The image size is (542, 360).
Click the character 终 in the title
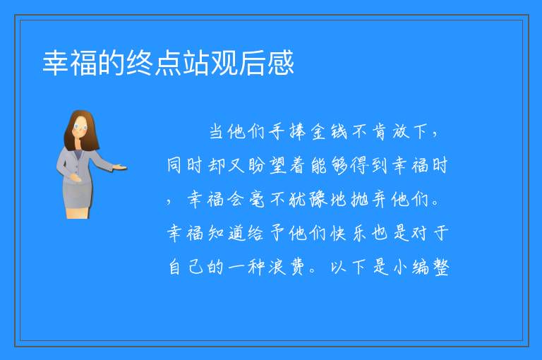pyautogui.click(x=140, y=63)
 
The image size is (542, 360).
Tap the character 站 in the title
pyautogui.click(x=196, y=63)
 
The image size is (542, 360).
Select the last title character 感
pyautogui.click(x=280, y=63)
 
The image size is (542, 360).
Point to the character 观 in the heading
pyautogui.click(x=224, y=63)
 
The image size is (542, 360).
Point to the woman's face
pyautogui.click(x=80, y=127)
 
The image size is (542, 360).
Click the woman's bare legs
pyautogui.click(x=78, y=212)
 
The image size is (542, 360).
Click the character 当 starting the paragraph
pyautogui.click(x=217, y=131)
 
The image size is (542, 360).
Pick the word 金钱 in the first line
pyautogui.click(x=328, y=131)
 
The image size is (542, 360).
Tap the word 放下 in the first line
pyautogui.click(x=409, y=131)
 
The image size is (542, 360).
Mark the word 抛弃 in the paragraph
pyautogui.click(x=369, y=199)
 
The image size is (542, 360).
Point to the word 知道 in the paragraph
pyautogui.click(x=227, y=233)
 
